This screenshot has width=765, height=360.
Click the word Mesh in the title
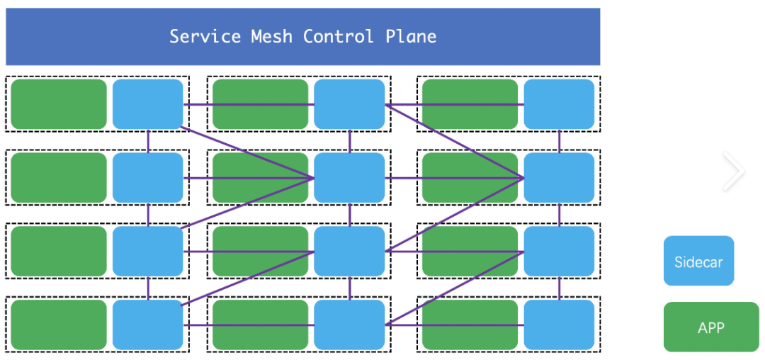pos(271,36)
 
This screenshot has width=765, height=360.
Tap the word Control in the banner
pos(339,36)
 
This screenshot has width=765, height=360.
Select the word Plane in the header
pos(411,36)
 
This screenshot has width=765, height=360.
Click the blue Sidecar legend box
pos(698,261)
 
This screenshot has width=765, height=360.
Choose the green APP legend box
pos(710,327)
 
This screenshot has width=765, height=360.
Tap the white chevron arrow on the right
pos(735,171)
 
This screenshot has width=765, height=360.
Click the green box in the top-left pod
pos(59,104)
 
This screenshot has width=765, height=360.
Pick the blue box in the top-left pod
pos(148,104)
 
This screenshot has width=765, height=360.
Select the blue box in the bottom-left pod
pos(148,325)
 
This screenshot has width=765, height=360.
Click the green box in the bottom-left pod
pos(59,325)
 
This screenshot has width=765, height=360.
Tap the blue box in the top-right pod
pos(559,104)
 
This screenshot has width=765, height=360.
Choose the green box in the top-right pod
pos(470,104)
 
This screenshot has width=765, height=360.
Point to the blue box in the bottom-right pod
pos(559,325)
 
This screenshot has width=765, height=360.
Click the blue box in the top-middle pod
pos(349,104)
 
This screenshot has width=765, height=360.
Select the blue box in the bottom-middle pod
pos(349,325)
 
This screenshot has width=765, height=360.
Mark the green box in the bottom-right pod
pos(470,325)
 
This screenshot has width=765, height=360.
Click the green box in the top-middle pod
pos(260,104)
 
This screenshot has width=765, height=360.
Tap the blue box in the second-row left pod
pos(148,178)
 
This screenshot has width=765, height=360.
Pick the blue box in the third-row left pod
pos(148,252)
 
